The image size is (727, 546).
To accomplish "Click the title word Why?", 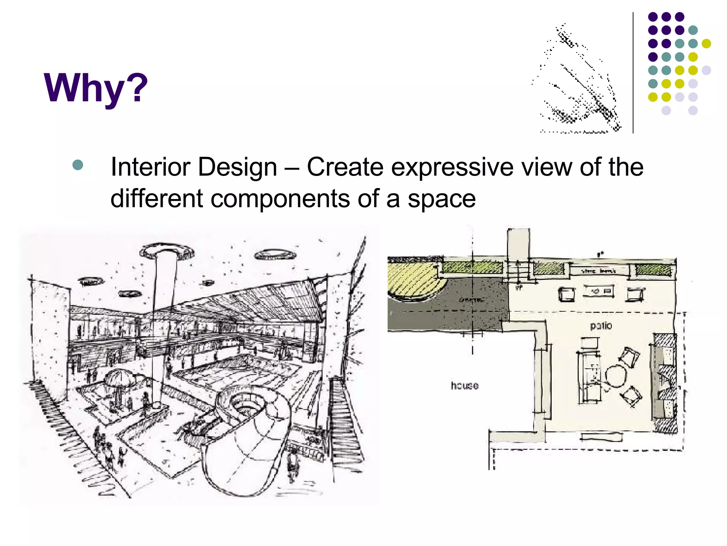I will (95, 88).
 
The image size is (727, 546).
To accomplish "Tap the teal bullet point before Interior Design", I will (77, 165).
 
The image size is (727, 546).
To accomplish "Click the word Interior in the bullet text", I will (151, 167).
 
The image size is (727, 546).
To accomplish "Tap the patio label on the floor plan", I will (601, 326).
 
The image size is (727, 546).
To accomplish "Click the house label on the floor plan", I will (464, 385).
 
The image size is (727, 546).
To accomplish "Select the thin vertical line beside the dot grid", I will (633, 73).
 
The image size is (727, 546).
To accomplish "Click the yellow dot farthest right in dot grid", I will (706, 43).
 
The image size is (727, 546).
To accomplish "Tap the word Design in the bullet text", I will (237, 167).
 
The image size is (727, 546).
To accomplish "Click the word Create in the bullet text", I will (345, 167).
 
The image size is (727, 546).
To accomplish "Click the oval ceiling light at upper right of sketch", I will (275, 254).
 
